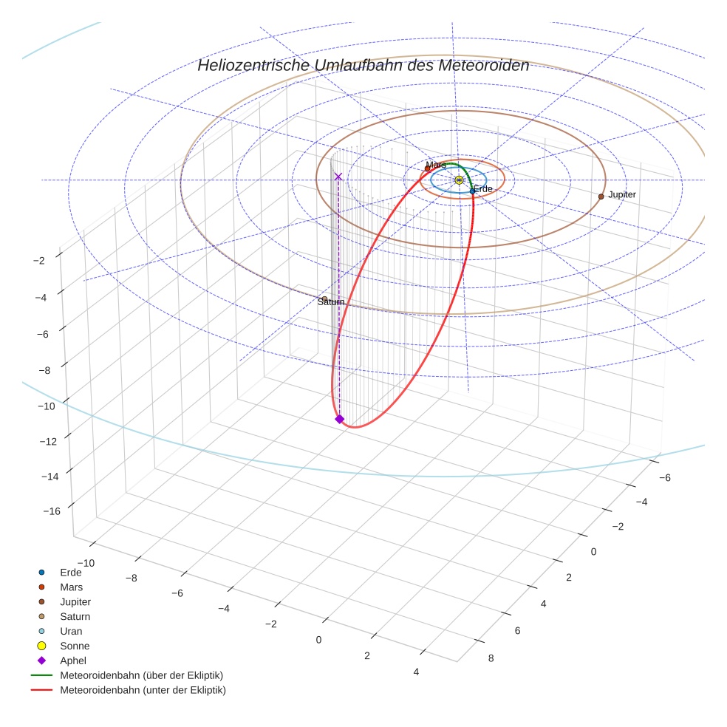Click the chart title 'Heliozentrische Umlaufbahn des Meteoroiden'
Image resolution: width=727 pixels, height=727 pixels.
[363, 66]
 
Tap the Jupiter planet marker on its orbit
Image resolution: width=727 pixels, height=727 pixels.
[601, 197]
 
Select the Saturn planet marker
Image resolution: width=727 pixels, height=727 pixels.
[324, 298]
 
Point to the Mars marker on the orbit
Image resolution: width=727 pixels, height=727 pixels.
[427, 168]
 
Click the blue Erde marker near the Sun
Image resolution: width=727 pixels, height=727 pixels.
[472, 191]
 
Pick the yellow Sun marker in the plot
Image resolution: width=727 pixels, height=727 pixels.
[459, 180]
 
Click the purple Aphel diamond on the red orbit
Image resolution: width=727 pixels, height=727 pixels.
[339, 419]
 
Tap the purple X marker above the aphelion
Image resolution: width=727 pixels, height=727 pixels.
[338, 177]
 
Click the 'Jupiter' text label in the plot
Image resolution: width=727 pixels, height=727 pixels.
[622, 194]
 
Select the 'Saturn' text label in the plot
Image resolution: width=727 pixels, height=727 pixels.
[331, 302]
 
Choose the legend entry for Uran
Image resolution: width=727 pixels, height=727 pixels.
[71, 631]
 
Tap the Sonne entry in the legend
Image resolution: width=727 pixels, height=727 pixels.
[75, 646]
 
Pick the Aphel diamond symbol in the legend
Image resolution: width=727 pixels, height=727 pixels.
[42, 661]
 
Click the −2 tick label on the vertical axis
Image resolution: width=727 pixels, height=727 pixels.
[39, 260]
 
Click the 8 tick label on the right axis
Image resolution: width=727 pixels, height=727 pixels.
[491, 658]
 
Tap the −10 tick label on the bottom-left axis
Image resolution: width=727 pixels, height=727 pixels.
[86, 563]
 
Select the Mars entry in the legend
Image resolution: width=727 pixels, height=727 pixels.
[71, 587]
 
